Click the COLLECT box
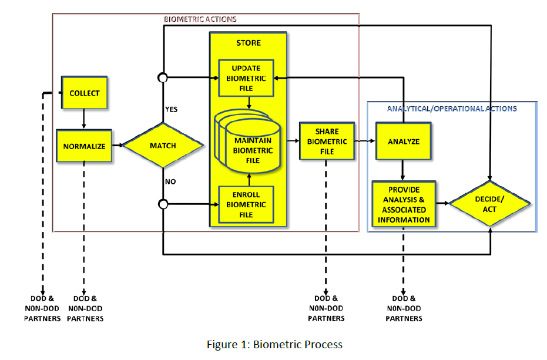pos(85,93)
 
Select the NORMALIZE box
pos(84,146)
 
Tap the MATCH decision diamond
pos(163,146)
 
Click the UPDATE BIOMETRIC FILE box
pos(246,78)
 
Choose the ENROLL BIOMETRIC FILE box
pos(246,204)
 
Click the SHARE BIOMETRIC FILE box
pos(327,142)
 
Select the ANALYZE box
pos(403,142)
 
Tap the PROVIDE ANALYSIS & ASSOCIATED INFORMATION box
pos(404,205)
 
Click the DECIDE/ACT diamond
pos(489,204)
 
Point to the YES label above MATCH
pos(171,109)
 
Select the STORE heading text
pos(248,43)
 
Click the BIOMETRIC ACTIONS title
pos(200,19)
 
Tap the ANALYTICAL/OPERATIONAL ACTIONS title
pos(452,109)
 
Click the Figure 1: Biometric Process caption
pos(274,345)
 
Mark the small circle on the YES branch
pos(163,78)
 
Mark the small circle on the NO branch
pos(163,204)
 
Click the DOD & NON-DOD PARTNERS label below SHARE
pos(326,308)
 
